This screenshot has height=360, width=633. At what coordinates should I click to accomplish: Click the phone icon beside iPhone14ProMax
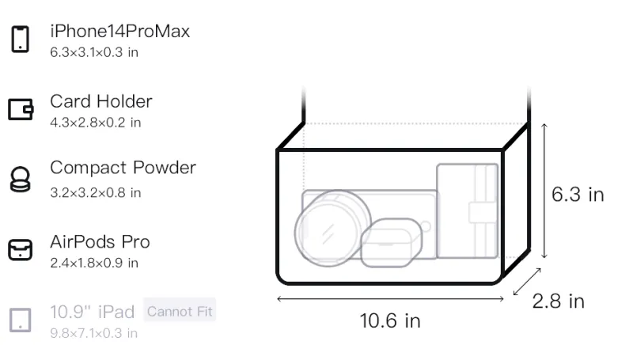coord(21,39)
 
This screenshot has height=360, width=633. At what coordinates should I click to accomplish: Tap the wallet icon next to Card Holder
coord(21,109)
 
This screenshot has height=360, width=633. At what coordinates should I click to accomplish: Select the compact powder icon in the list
coord(21,179)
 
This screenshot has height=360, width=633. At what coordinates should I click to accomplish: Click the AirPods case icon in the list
coord(21,250)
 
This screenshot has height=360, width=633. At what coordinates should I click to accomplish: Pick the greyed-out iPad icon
coord(21,320)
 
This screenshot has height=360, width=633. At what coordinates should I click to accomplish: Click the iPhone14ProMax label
coord(120,31)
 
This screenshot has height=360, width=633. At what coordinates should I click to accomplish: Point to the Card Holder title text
coord(101,101)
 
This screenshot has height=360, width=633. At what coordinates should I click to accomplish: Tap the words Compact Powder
coord(123,168)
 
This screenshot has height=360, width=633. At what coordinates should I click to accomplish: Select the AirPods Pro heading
coord(100,242)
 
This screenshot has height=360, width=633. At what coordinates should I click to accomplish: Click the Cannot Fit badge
coord(180,311)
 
